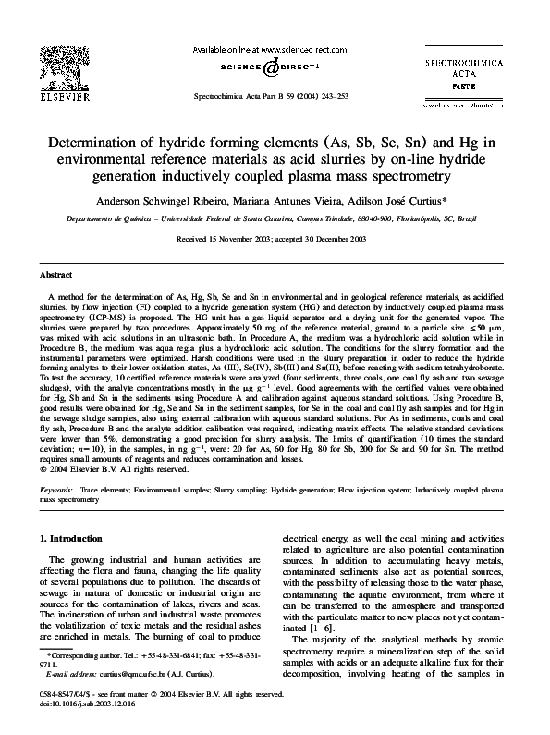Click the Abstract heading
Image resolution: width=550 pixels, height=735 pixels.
click(55, 275)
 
